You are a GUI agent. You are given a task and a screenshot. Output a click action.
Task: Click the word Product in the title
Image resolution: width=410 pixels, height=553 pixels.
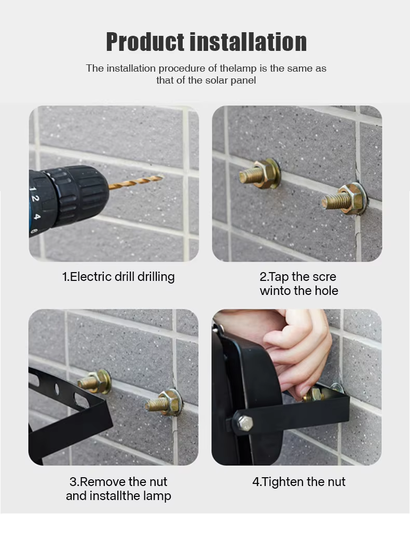pos(145,42)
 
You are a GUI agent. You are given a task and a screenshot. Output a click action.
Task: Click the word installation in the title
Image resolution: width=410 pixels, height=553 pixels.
pos(248,42)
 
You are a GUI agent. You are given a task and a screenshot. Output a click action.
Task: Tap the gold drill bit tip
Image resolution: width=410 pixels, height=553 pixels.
pos(161,177)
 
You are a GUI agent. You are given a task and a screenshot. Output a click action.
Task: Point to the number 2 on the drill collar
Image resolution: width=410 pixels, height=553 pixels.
pos(34,199)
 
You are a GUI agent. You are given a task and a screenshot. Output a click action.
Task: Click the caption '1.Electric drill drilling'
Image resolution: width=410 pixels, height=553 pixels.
pos(118,276)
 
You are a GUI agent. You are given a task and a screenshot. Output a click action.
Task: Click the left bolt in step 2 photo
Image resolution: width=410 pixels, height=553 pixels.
pos(260,173)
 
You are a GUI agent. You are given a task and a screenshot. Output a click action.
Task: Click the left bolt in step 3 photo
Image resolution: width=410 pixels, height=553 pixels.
pos(94,381)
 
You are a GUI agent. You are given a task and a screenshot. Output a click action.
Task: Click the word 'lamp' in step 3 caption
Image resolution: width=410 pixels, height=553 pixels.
pos(157,496)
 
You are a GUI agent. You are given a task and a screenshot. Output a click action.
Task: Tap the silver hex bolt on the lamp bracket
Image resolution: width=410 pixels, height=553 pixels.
pos(243,423)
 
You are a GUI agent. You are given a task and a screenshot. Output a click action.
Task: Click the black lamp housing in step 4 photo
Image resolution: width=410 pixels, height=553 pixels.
pos(247,392)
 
